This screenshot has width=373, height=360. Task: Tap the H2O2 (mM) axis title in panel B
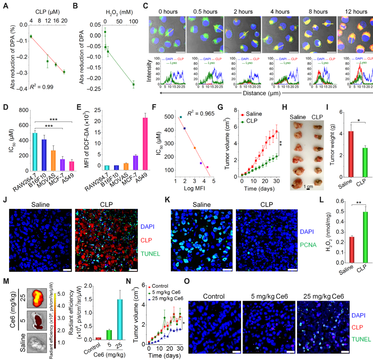point(119,7)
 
